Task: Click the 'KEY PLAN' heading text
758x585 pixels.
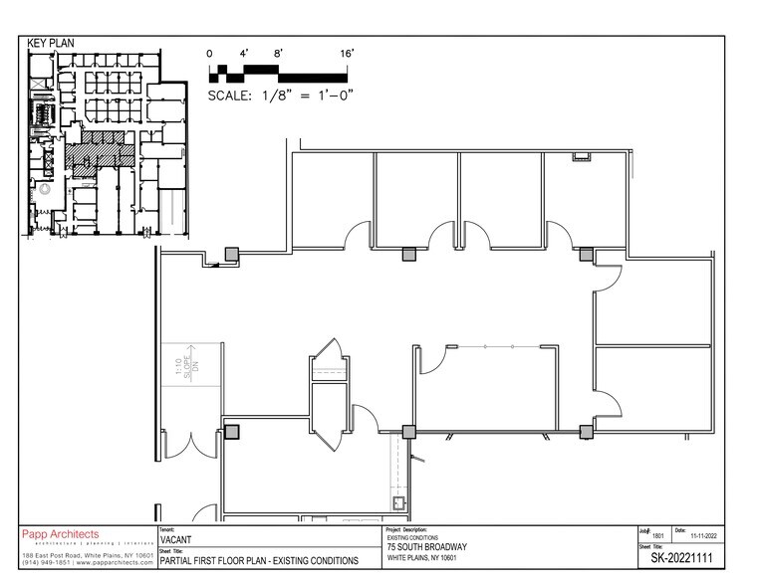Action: pyautogui.click(x=52, y=44)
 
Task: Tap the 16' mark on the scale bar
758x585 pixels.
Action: pyautogui.click(x=347, y=52)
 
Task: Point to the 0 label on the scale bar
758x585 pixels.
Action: pyautogui.click(x=210, y=52)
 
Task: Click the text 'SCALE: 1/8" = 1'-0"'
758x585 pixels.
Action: pyautogui.click(x=282, y=96)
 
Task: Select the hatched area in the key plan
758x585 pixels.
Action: pyautogui.click(x=100, y=150)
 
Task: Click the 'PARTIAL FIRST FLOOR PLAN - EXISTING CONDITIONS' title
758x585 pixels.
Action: pyautogui.click(x=259, y=561)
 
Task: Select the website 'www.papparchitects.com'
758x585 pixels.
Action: pyautogui.click(x=118, y=563)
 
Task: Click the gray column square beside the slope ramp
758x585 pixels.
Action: pyautogui.click(x=231, y=432)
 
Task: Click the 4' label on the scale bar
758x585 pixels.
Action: pyautogui.click(x=244, y=52)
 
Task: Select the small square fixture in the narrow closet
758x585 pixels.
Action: pyautogui.click(x=399, y=502)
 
